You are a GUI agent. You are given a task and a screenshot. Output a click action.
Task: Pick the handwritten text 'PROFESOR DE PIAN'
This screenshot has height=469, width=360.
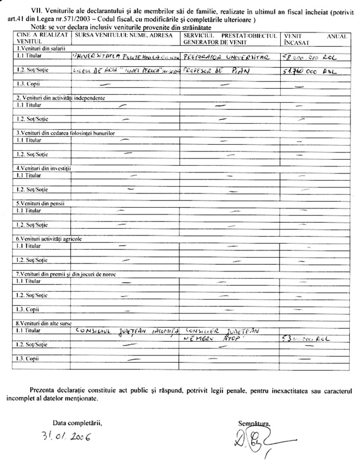(x=210, y=72)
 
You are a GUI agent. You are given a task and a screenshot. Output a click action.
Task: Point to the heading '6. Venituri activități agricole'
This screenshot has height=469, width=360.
(x=47, y=238)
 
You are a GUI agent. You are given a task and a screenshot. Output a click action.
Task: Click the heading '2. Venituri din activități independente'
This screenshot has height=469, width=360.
(x=58, y=97)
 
